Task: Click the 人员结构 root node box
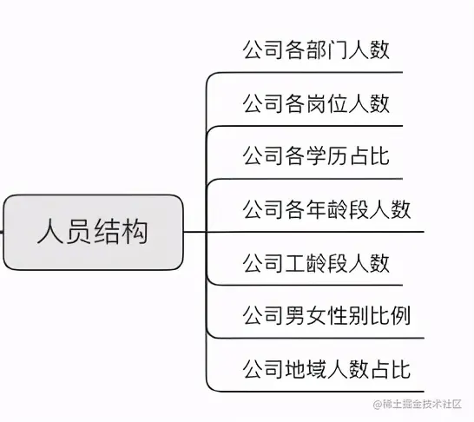point(93,232)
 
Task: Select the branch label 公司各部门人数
point(316,49)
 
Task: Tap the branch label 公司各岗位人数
point(316,103)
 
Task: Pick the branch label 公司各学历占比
point(316,156)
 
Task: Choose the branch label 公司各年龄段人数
point(326,209)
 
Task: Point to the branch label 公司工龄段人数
point(316,262)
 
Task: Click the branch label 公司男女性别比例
point(326,315)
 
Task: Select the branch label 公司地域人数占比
point(326,369)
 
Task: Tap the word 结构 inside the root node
point(121,232)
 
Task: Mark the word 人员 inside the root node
point(65,232)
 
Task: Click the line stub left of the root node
point(2,232)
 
